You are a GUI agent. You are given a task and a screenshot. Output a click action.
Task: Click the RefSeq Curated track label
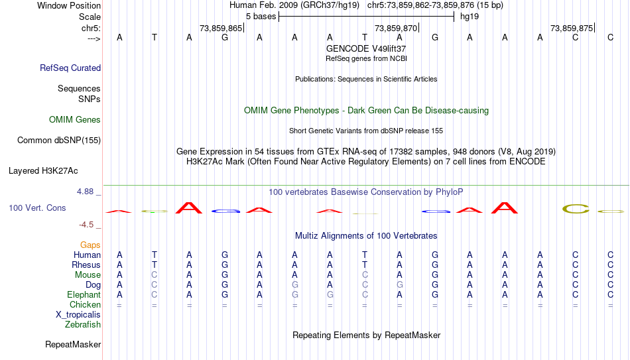[x=70, y=68]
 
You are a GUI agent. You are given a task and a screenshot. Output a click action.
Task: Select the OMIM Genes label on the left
[x=75, y=120]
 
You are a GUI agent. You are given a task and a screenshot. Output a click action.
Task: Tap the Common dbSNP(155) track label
[x=59, y=141]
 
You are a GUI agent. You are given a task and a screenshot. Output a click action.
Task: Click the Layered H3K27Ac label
[x=43, y=171]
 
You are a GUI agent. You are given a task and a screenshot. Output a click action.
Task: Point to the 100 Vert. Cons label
[x=37, y=208]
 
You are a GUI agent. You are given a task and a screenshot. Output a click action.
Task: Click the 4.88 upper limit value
[x=85, y=192]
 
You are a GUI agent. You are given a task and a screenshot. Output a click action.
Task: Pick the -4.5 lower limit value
[x=86, y=225]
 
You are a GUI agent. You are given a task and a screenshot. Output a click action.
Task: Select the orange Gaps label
[x=90, y=245]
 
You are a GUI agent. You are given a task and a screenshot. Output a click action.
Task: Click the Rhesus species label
[x=86, y=265]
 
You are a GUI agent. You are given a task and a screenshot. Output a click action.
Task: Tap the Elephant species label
[x=84, y=295]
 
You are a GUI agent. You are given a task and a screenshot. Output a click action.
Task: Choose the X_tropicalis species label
[x=78, y=315]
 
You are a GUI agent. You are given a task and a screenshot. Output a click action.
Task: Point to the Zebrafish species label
[x=83, y=325]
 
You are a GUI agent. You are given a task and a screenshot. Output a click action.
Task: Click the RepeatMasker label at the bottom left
[x=73, y=344]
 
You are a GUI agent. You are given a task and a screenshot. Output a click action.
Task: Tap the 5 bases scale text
[x=261, y=17]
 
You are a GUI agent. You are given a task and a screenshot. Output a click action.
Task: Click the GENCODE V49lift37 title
[x=366, y=48]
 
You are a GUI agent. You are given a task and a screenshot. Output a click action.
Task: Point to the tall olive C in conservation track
[x=576, y=209]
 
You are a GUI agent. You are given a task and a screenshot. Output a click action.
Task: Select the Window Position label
[x=69, y=5]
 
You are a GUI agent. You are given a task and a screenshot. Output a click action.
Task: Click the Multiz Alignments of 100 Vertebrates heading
[x=366, y=236]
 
